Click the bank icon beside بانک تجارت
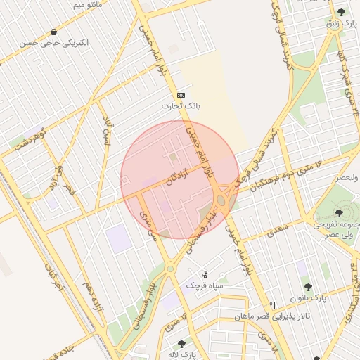point(182,95)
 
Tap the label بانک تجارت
point(182,106)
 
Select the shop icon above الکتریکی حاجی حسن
point(54,32)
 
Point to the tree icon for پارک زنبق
point(341,12)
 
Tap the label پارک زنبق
point(340,23)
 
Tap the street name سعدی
point(277,229)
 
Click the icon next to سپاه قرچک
point(205,274)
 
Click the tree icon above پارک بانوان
point(308,287)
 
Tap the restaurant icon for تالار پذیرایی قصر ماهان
point(273,305)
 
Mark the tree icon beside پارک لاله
point(182,344)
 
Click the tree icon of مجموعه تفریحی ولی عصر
point(339,212)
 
